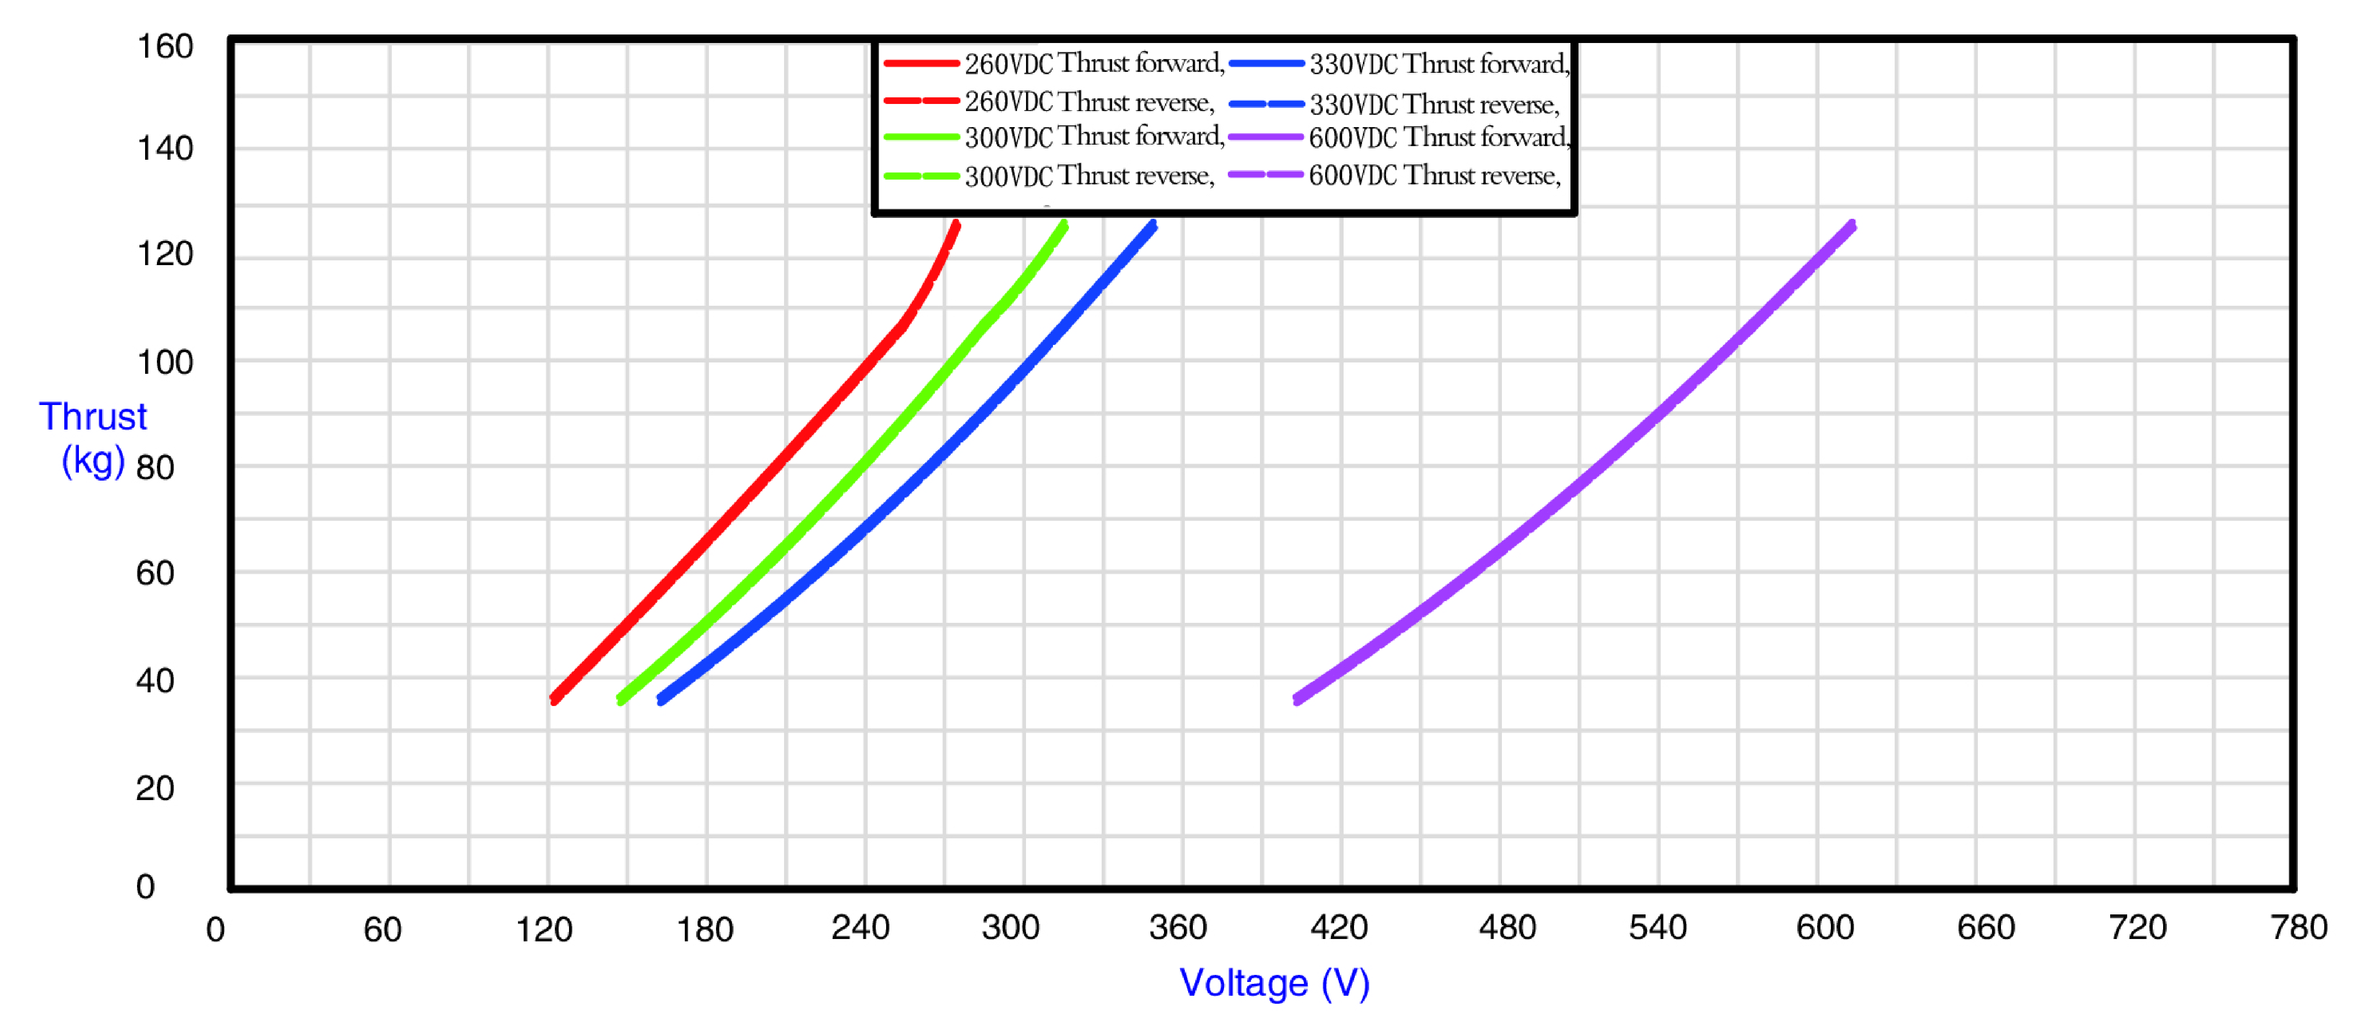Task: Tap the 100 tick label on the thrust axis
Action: click(x=165, y=362)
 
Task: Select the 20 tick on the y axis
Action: click(x=155, y=788)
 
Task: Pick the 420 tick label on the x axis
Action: click(x=1339, y=928)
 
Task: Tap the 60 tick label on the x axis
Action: click(x=382, y=930)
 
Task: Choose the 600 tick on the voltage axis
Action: click(x=1825, y=928)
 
